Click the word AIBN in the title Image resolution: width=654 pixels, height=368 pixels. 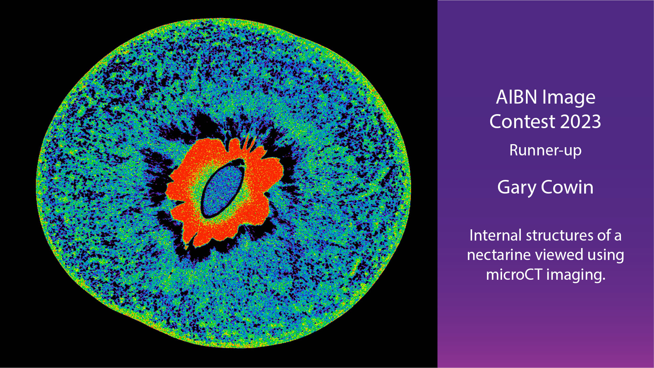(516, 97)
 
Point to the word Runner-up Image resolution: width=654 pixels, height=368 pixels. (545, 151)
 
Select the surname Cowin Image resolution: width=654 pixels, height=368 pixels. (567, 187)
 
